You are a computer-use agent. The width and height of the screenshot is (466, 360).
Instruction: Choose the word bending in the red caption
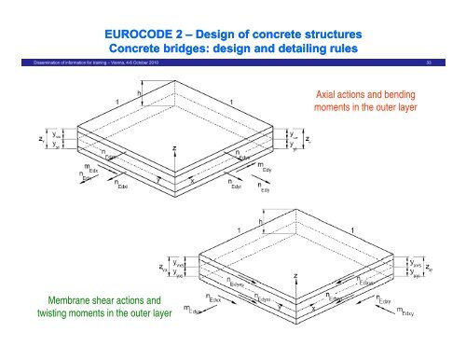pyautogui.click(x=395, y=96)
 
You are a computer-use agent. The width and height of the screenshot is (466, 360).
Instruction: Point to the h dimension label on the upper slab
pyautogui.click(x=139, y=93)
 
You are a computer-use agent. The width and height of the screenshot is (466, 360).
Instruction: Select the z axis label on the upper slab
pyautogui.click(x=174, y=147)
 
